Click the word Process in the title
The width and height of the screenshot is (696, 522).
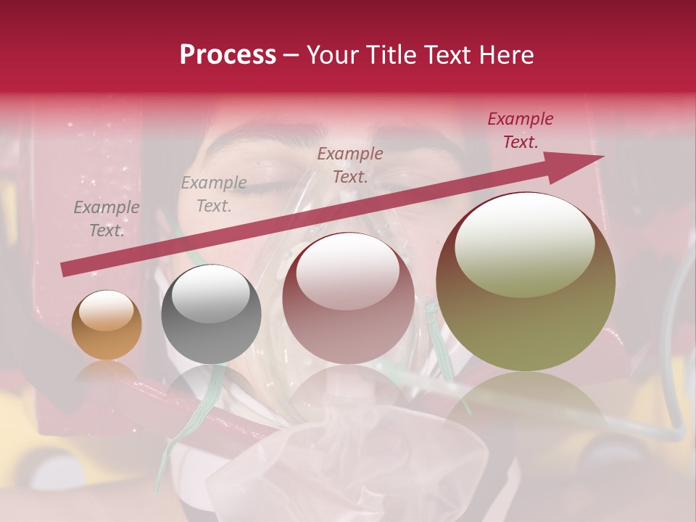coord(228,55)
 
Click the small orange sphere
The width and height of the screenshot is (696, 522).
coord(107,326)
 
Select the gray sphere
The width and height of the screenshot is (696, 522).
coord(211,315)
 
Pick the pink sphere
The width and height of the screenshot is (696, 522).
coord(349,298)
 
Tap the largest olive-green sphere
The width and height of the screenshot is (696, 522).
coord(526,282)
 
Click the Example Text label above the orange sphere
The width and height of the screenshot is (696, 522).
coord(107,219)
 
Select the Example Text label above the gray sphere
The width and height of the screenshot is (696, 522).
coord(214,194)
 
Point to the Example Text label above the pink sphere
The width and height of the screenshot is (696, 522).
coord(350,165)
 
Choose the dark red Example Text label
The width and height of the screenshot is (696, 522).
coord(521,130)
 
